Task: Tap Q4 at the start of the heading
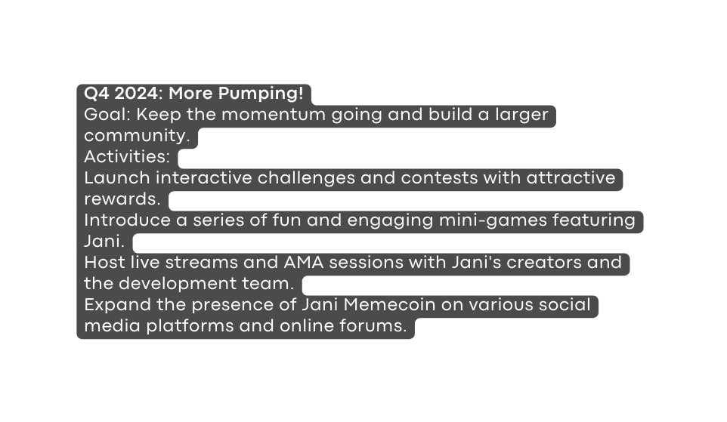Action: click(x=97, y=94)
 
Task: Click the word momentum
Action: click(x=274, y=115)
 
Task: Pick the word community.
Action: click(x=138, y=136)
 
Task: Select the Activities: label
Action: click(x=127, y=156)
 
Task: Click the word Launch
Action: click(x=117, y=178)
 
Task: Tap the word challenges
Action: click(x=306, y=178)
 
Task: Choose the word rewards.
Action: click(x=122, y=199)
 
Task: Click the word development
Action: click(x=178, y=284)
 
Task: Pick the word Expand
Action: click(x=118, y=305)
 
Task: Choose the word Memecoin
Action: click(x=389, y=305)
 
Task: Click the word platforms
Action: click(x=190, y=326)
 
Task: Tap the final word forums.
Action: click(x=373, y=325)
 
